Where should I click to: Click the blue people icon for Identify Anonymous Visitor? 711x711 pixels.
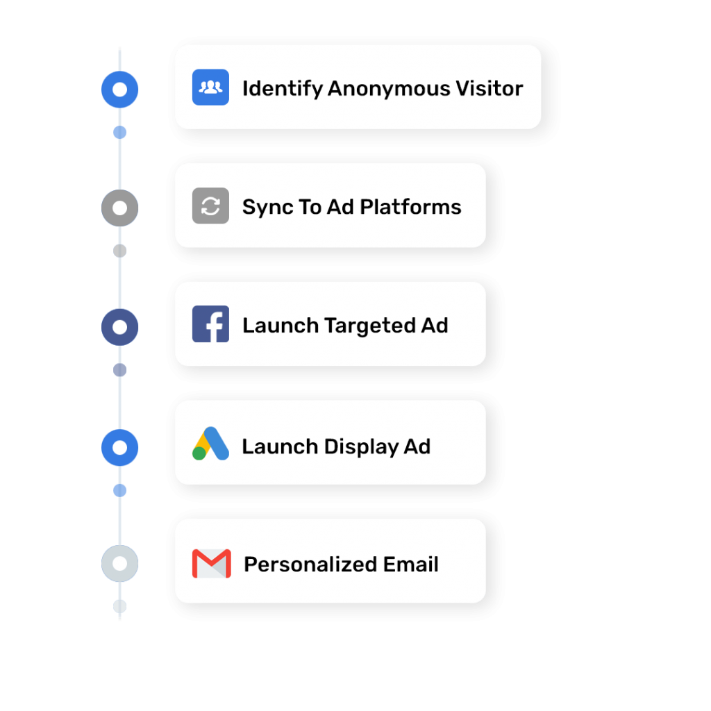pyautogui.click(x=210, y=87)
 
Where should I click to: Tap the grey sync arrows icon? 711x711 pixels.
pyautogui.click(x=210, y=206)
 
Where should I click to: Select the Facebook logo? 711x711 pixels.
pyautogui.click(x=210, y=324)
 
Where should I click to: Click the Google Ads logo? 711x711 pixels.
pyautogui.click(x=210, y=444)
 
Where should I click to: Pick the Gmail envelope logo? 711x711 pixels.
pyautogui.click(x=211, y=564)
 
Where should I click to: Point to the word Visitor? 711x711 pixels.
pyautogui.click(x=489, y=89)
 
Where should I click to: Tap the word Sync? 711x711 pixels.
pyautogui.click(x=266, y=208)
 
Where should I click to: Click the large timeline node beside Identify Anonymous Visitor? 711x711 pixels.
pyautogui.click(x=120, y=90)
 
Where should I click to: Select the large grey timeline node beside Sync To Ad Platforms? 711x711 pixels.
pyautogui.click(x=120, y=208)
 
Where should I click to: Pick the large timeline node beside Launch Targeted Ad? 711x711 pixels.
pyautogui.click(x=120, y=327)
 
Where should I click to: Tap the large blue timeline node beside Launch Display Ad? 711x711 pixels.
pyautogui.click(x=120, y=448)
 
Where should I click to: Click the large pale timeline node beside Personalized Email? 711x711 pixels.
pyautogui.click(x=120, y=563)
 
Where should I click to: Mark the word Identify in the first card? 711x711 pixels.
pyautogui.click(x=282, y=89)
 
